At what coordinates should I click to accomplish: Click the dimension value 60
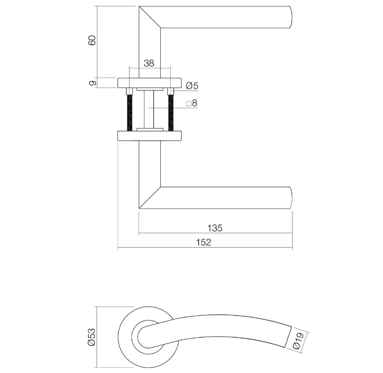tap(92, 40)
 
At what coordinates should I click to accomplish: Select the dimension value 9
tap(92, 83)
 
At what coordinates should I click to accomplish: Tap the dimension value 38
tap(149, 63)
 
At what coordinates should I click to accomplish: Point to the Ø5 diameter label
tap(192, 85)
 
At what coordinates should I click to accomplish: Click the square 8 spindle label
tap(192, 103)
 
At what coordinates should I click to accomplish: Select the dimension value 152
tap(204, 243)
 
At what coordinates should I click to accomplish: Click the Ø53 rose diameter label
tap(92, 337)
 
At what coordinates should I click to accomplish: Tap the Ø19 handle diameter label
tap(297, 340)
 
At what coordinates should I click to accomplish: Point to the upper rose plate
tap(149, 83)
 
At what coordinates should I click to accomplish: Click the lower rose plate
tap(149, 136)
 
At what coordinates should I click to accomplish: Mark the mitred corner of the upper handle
tap(150, 18)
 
